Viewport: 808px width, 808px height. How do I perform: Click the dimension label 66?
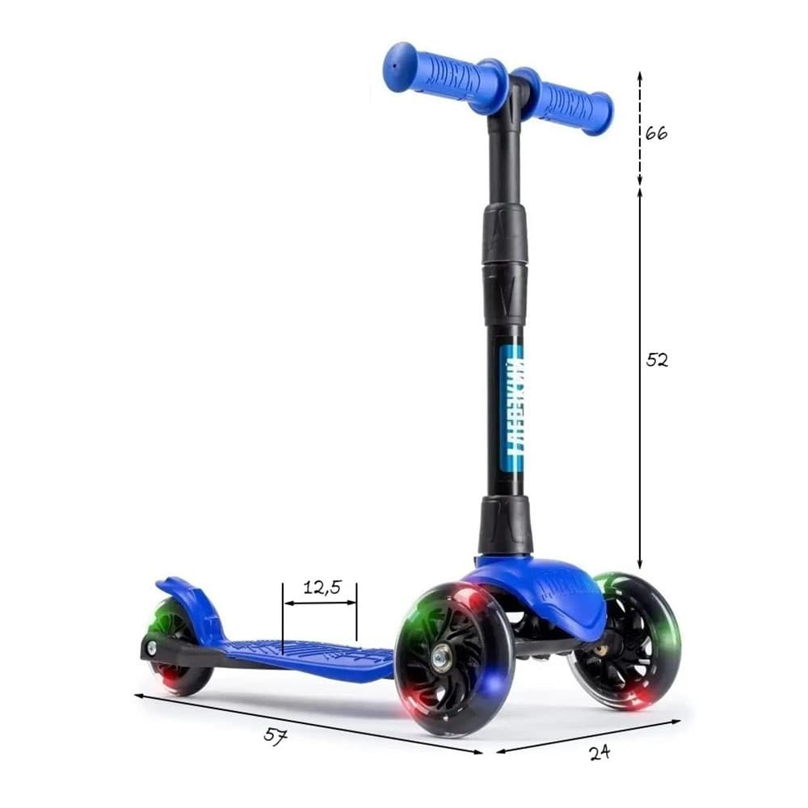(656, 133)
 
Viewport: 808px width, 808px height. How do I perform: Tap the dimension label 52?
(657, 360)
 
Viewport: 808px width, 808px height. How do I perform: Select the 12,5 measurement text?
(320, 587)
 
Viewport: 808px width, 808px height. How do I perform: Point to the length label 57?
(276, 736)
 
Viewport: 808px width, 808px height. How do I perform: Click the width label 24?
(599, 752)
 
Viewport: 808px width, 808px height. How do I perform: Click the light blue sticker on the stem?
(512, 408)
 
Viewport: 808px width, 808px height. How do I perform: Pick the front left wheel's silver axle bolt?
(441, 659)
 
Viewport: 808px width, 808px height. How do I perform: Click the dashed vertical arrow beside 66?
(640, 129)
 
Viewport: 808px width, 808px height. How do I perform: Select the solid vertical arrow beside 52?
(640, 380)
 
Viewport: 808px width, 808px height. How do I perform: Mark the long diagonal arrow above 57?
(307, 723)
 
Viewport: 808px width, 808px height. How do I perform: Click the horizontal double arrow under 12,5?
(320, 602)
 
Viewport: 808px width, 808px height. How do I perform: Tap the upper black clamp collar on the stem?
(505, 234)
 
